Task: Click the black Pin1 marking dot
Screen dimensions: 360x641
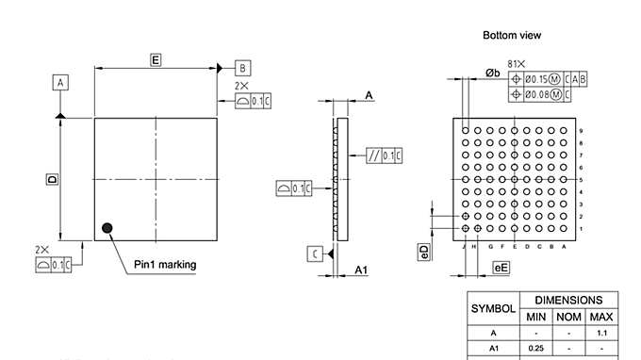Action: [107, 227]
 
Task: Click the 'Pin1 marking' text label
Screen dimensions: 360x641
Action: [165, 265]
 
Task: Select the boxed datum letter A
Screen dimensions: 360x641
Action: [60, 83]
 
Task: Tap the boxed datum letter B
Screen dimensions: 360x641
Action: [242, 68]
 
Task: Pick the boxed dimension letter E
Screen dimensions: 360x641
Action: [156, 60]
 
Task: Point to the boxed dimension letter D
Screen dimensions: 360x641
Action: [53, 178]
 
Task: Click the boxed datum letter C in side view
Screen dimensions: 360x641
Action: [314, 253]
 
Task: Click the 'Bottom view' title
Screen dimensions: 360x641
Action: [512, 35]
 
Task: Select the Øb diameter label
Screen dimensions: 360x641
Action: [493, 73]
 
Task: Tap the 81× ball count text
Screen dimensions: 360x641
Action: [516, 63]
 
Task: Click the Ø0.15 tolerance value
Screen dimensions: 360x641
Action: [535, 79]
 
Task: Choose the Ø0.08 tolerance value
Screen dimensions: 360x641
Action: [535, 94]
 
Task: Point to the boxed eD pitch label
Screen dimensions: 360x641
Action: [424, 252]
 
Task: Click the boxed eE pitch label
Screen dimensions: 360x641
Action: [501, 269]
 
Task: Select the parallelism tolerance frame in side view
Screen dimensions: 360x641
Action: [385, 155]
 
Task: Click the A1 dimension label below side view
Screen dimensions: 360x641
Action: [360, 270]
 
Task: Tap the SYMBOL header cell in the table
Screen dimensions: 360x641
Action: [493, 308]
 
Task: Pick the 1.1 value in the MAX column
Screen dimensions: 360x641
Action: [600, 333]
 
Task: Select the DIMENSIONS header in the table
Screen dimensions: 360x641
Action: [569, 299]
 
